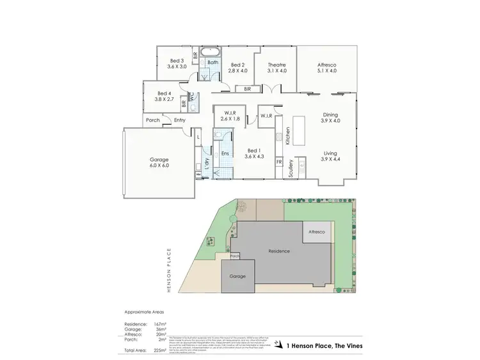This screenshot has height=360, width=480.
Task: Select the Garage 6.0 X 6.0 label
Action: [x=159, y=162]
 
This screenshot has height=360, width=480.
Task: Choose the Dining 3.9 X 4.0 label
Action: [x=330, y=118]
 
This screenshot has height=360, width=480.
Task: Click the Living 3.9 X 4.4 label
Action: [x=330, y=155]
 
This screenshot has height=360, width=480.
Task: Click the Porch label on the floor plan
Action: [x=152, y=120]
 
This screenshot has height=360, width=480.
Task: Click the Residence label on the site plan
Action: [x=279, y=251]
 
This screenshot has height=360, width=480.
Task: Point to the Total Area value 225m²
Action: [x=159, y=351]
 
